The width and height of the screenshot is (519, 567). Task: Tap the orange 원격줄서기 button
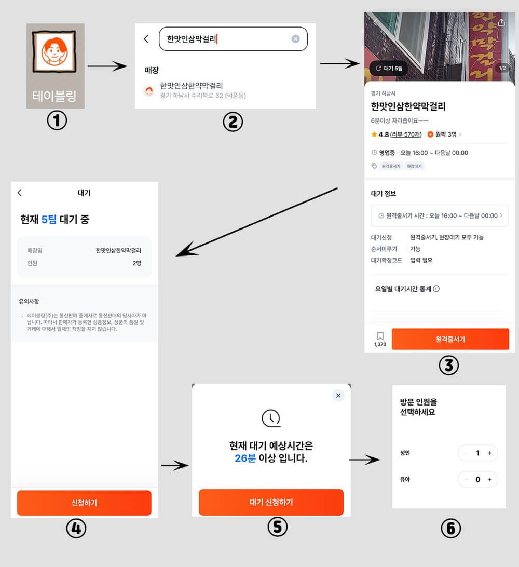(x=450, y=339)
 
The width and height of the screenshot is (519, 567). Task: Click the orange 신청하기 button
(x=84, y=503)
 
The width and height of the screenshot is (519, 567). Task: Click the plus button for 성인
(x=490, y=453)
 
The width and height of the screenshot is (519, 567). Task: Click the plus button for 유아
(x=489, y=479)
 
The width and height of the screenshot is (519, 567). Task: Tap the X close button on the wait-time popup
(x=338, y=396)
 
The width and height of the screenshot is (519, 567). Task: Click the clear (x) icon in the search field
(x=295, y=39)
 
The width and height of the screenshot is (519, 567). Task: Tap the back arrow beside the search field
(x=146, y=39)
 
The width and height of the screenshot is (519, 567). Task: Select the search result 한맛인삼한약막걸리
(x=192, y=90)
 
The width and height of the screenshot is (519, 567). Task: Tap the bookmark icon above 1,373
(x=380, y=336)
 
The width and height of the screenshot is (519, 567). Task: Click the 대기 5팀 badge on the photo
(x=389, y=68)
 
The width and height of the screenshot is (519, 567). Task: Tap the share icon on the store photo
(x=501, y=23)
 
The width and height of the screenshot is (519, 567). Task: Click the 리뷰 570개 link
(x=406, y=134)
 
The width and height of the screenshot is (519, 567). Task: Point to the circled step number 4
(x=76, y=529)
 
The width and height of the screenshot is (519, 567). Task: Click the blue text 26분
(x=245, y=458)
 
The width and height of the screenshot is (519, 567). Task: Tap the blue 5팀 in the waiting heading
(x=49, y=220)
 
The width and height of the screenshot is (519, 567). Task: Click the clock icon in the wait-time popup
(x=270, y=417)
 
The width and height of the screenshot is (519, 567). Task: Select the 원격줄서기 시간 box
(x=439, y=215)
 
